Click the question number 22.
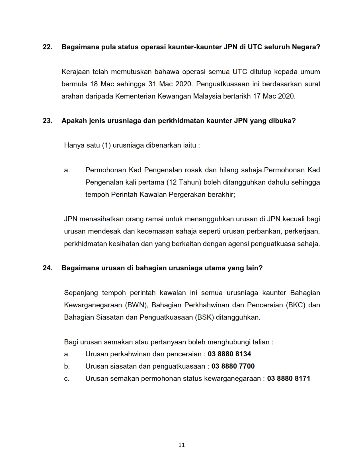(47, 47)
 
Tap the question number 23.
(47, 121)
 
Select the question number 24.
(47, 268)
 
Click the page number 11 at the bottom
(181, 445)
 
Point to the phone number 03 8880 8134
(229, 354)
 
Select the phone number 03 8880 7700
(233, 366)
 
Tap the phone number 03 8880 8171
(288, 379)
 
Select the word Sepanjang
(81, 293)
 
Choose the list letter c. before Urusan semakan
(67, 379)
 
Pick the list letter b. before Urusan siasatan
(67, 366)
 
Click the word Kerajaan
(75, 72)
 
